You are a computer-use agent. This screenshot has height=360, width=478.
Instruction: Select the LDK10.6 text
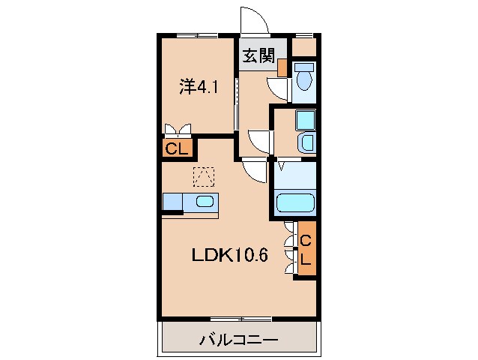(229, 254)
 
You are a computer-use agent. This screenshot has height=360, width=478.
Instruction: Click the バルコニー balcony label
(238, 340)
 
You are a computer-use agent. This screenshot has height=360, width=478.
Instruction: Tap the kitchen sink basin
(205, 201)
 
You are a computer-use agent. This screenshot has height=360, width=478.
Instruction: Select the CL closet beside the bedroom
(176, 148)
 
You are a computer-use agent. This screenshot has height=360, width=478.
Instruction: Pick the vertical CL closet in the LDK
(306, 248)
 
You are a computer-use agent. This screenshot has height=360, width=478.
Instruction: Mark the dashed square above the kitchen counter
(204, 176)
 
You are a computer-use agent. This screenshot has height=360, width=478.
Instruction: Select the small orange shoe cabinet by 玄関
(282, 67)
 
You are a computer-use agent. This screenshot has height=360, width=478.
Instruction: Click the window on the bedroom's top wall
(196, 35)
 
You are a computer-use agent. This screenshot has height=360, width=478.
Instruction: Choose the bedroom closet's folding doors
(177, 129)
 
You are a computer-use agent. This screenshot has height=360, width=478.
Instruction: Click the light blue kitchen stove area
(172, 201)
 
